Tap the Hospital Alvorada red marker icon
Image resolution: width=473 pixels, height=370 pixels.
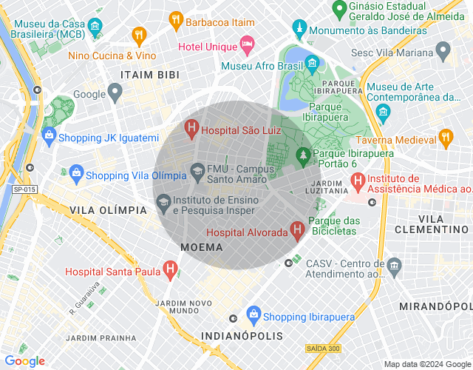tap(297, 231)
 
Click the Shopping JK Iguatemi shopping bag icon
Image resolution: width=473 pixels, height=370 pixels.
tap(49, 137)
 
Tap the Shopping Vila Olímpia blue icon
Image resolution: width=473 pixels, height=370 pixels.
tap(75, 175)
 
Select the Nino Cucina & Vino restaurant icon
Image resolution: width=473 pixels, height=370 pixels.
tap(138, 36)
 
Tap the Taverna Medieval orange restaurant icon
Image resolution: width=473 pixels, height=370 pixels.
tap(445, 138)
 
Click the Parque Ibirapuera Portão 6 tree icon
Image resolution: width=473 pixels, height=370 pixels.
tap(302, 155)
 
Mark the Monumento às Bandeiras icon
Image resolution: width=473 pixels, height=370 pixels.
tap(299, 30)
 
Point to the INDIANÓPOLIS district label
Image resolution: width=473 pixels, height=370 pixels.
tap(242, 336)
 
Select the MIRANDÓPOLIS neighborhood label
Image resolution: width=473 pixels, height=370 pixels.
tap(435, 306)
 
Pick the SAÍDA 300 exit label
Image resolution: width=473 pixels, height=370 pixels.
tap(323, 348)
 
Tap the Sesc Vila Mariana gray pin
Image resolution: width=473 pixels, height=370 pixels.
tap(443, 51)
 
